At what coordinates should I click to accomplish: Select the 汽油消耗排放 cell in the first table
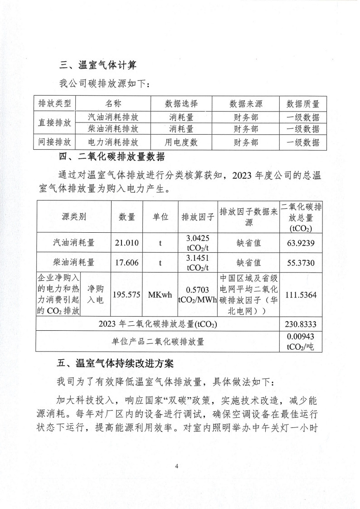point(112,117)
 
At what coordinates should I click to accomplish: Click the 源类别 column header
point(73,216)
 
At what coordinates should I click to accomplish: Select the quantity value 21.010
point(126,243)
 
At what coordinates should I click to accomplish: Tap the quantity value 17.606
point(126,262)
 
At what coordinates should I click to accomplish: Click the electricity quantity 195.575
point(126,295)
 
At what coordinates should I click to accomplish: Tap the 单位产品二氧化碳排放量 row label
point(158,342)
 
